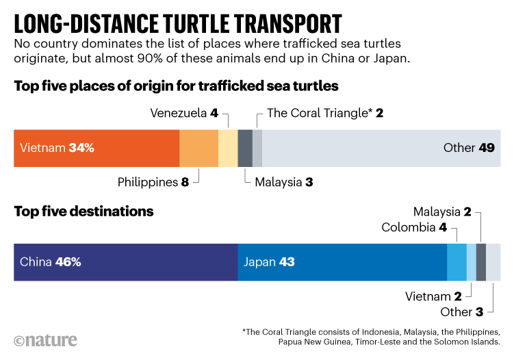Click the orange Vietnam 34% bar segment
click(x=96, y=147)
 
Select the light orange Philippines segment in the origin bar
click(x=198, y=147)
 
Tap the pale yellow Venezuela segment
click(x=227, y=147)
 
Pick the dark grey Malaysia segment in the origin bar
click(x=244, y=147)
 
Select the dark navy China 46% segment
click(x=125, y=261)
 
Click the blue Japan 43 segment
click(x=342, y=261)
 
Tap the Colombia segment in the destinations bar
click(x=456, y=261)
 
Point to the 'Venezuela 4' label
click(x=184, y=113)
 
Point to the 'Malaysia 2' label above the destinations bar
click(x=442, y=212)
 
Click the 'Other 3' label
click(x=461, y=311)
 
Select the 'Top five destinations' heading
click(x=83, y=211)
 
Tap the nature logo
click(x=45, y=339)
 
